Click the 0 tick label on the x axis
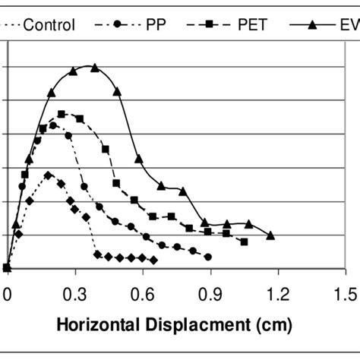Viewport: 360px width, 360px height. (x=8, y=292)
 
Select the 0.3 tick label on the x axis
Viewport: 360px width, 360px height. (x=74, y=292)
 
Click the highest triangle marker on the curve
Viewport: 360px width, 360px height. (x=95, y=68)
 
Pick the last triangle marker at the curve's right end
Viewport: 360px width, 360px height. (x=270, y=235)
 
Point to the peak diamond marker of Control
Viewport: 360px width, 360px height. (x=49, y=175)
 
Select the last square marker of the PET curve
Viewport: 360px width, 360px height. (x=244, y=242)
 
